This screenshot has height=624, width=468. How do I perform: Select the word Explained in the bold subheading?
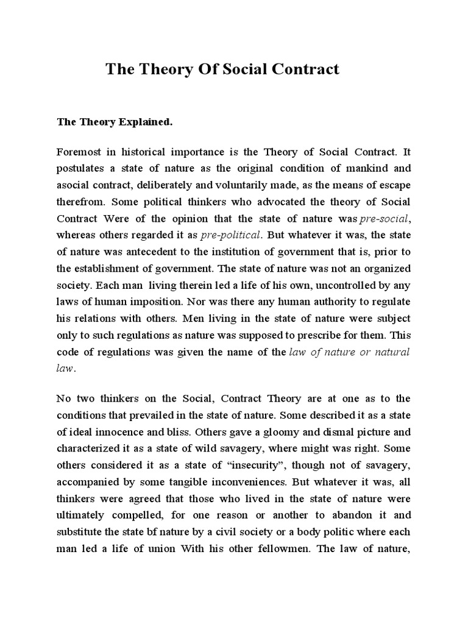click(x=145, y=122)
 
